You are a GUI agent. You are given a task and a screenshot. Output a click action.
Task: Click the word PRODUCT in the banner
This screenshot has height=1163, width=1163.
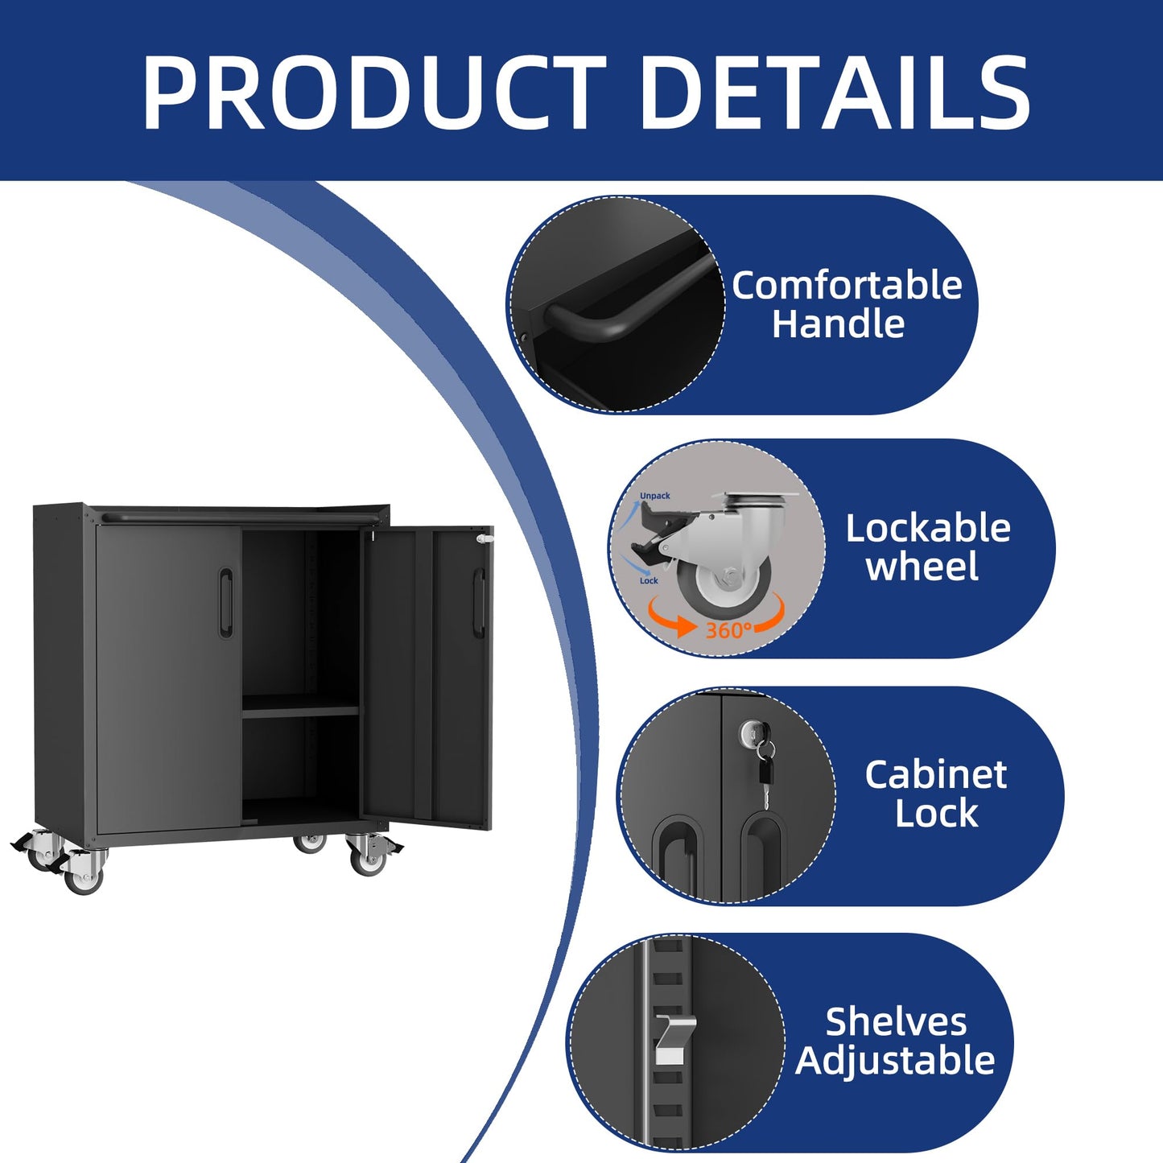(x=373, y=92)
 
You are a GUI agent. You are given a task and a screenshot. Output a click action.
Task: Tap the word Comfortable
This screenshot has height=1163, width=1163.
(x=847, y=285)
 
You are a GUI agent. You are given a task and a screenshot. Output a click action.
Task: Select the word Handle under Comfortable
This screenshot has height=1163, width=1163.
(x=838, y=324)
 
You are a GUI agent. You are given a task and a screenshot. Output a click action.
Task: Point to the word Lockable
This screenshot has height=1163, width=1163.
(x=928, y=528)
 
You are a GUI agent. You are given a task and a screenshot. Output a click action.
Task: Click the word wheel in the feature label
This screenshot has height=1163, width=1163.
(x=922, y=567)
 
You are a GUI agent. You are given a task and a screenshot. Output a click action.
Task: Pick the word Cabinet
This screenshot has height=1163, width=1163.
(x=935, y=774)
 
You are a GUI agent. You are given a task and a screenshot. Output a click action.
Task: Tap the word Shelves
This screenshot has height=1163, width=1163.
(x=896, y=1022)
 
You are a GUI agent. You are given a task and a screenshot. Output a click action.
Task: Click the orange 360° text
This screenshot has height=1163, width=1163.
(x=729, y=631)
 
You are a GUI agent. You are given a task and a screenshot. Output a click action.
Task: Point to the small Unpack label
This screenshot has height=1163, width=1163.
(x=655, y=496)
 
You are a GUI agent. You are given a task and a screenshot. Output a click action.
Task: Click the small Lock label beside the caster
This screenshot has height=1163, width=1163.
(x=649, y=580)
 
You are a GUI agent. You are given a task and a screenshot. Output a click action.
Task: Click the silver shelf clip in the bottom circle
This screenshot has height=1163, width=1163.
(x=674, y=1039)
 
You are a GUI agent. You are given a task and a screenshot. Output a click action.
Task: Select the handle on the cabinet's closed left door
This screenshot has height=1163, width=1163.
(x=225, y=602)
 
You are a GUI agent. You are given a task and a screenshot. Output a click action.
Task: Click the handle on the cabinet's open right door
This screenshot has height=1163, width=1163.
(x=478, y=602)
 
